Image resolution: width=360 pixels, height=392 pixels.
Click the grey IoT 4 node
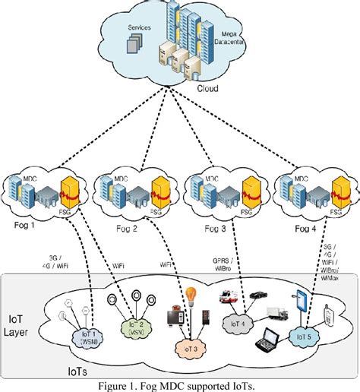pyautogui.click(x=236, y=323)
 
